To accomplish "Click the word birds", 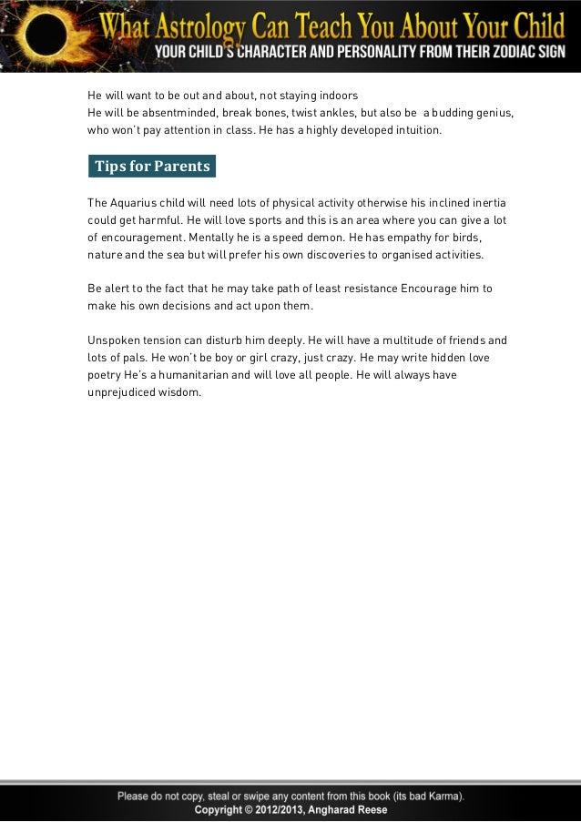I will coord(462,237).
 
